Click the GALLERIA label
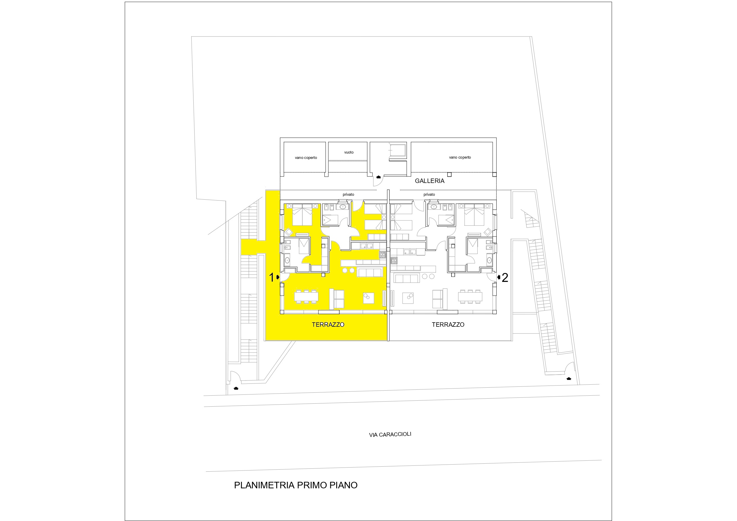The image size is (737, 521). (x=430, y=181)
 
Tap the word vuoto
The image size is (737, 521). (x=349, y=152)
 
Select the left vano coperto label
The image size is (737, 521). (x=306, y=158)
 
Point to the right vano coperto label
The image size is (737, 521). (x=460, y=157)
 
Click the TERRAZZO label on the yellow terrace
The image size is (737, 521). (x=328, y=325)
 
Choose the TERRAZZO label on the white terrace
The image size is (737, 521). (x=448, y=325)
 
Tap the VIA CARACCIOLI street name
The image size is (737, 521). (x=390, y=434)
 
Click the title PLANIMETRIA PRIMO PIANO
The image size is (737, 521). (x=296, y=485)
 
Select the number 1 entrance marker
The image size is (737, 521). (x=271, y=277)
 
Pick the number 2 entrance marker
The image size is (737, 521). (x=505, y=278)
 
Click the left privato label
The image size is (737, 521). (x=348, y=195)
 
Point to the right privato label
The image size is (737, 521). (x=429, y=195)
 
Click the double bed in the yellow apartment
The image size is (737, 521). (x=302, y=214)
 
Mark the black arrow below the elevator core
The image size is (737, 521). (x=378, y=177)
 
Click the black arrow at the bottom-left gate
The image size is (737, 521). (x=236, y=389)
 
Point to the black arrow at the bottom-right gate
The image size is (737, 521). (x=569, y=379)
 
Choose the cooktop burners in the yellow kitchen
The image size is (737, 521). (x=383, y=255)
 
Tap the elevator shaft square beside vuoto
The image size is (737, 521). (x=397, y=150)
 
